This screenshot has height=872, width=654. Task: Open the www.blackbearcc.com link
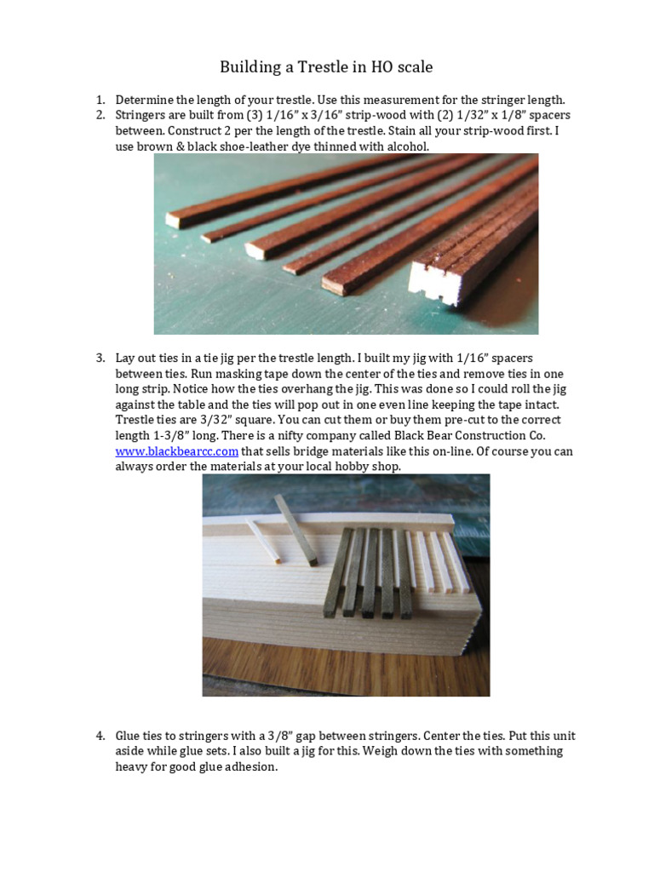click(176, 451)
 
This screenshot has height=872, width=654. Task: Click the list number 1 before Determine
click(100, 100)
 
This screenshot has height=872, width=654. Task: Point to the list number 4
click(100, 736)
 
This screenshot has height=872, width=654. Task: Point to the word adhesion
click(252, 766)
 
